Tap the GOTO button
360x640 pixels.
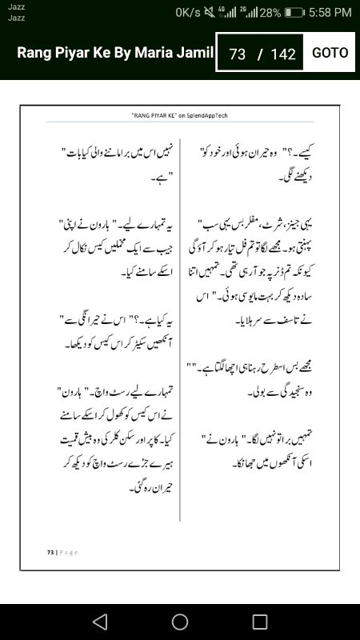[330, 53]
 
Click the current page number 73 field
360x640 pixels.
[237, 54]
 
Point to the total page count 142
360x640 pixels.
[283, 54]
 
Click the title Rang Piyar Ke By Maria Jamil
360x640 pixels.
[115, 53]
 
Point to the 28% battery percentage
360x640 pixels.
[270, 12]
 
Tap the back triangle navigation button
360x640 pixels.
[99, 622]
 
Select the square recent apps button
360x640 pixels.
[260, 622]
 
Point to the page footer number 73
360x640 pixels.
[49, 552]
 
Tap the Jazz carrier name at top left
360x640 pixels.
[16, 6]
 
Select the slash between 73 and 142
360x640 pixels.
[260, 54]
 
